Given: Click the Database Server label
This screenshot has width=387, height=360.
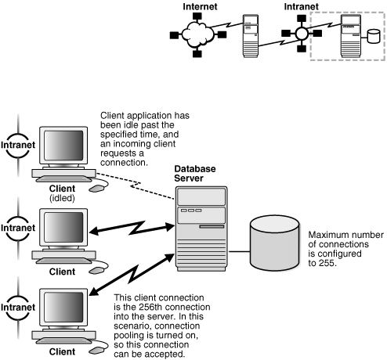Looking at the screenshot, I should (x=194, y=173).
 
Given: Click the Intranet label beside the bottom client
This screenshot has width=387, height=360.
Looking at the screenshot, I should (x=16, y=302).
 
